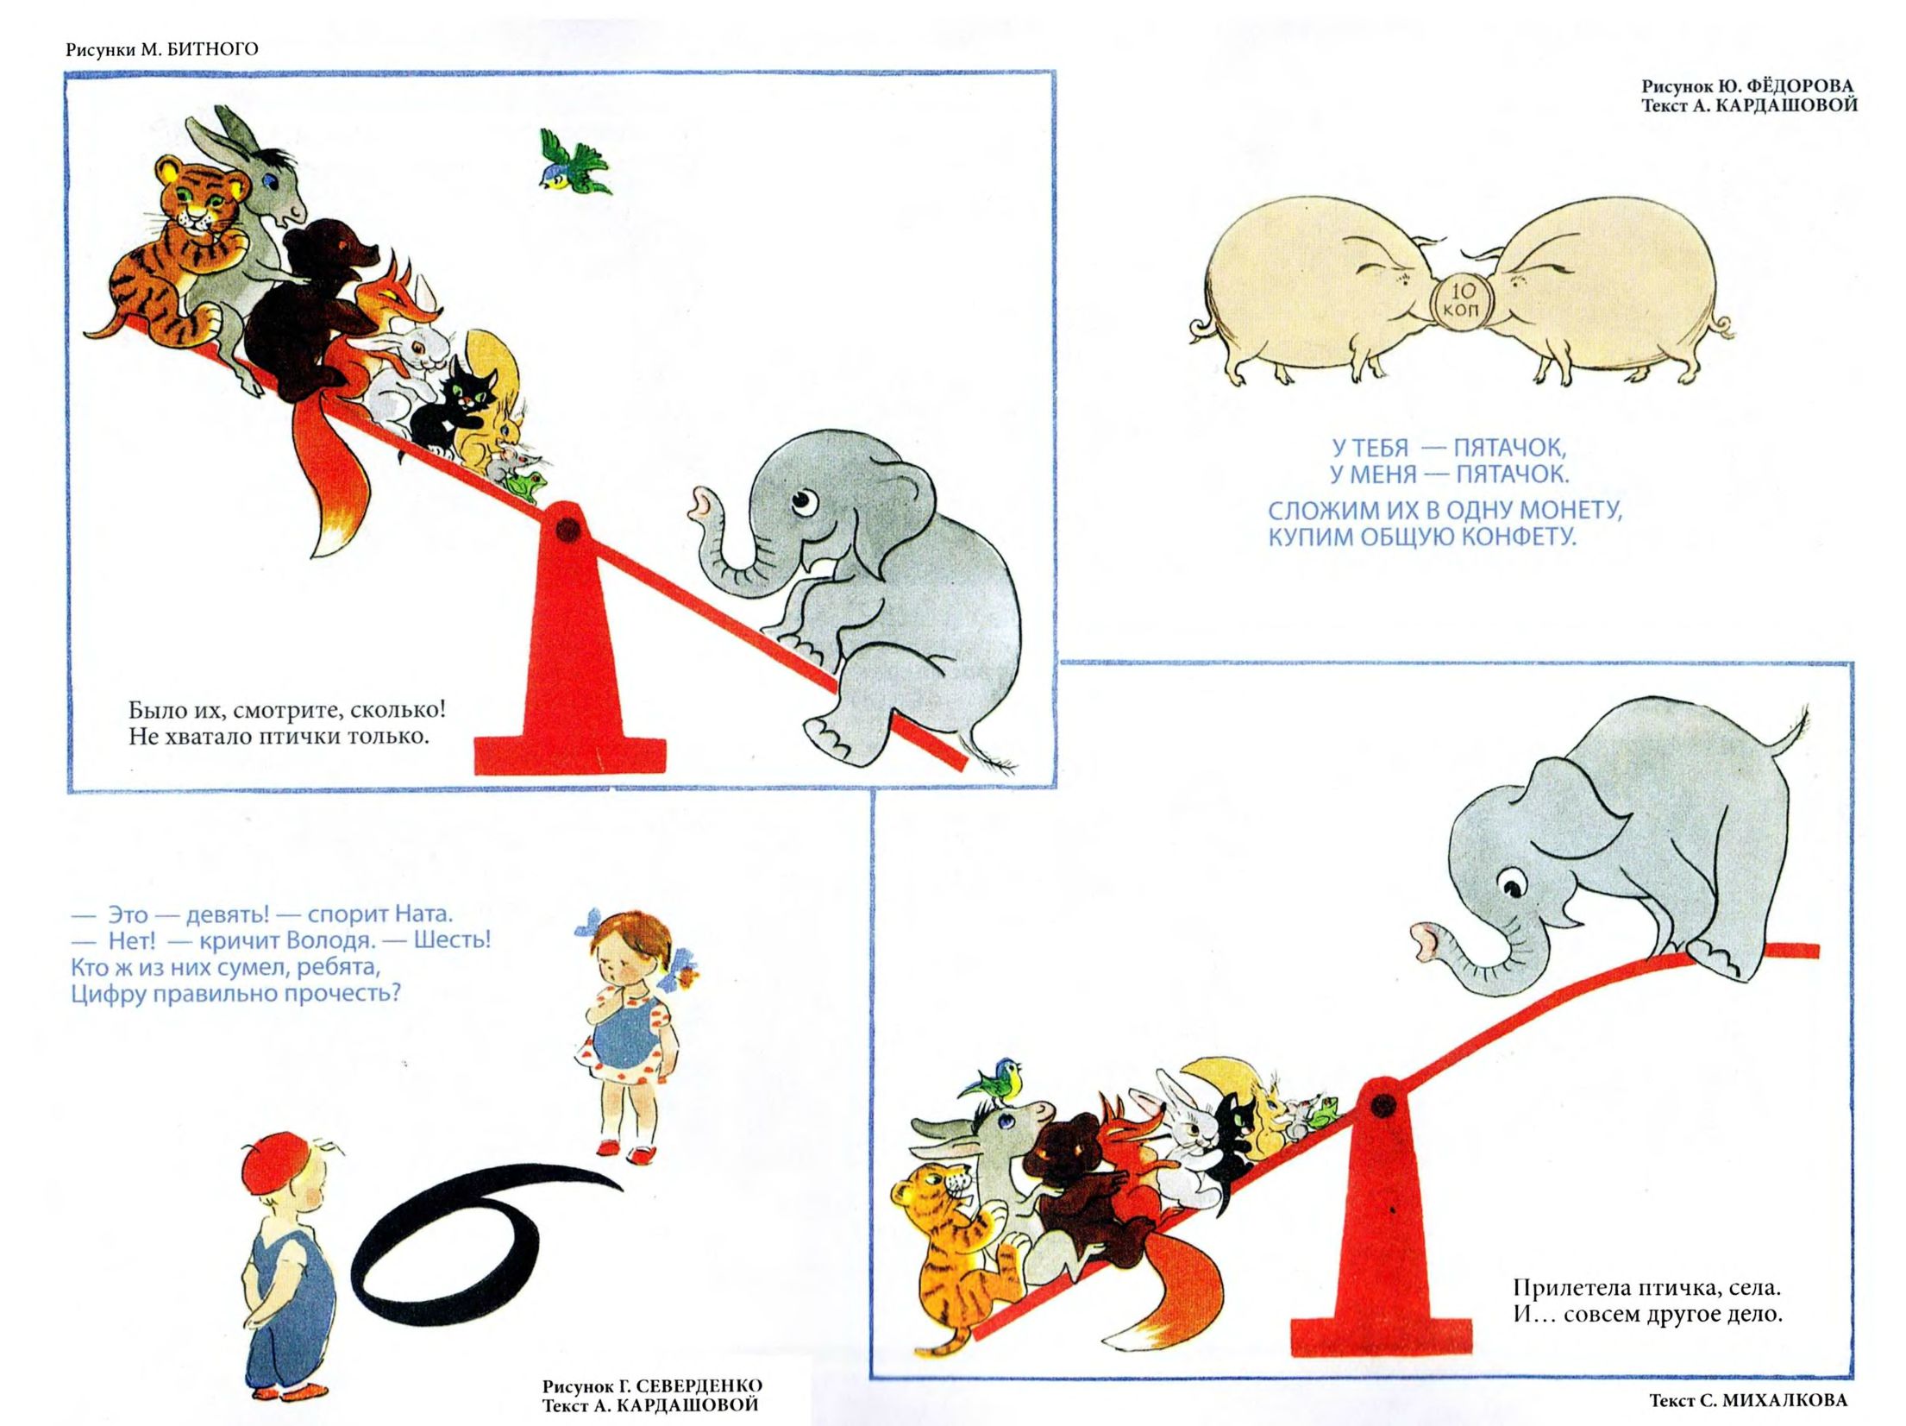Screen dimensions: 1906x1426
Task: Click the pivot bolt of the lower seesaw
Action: tap(1382, 1103)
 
